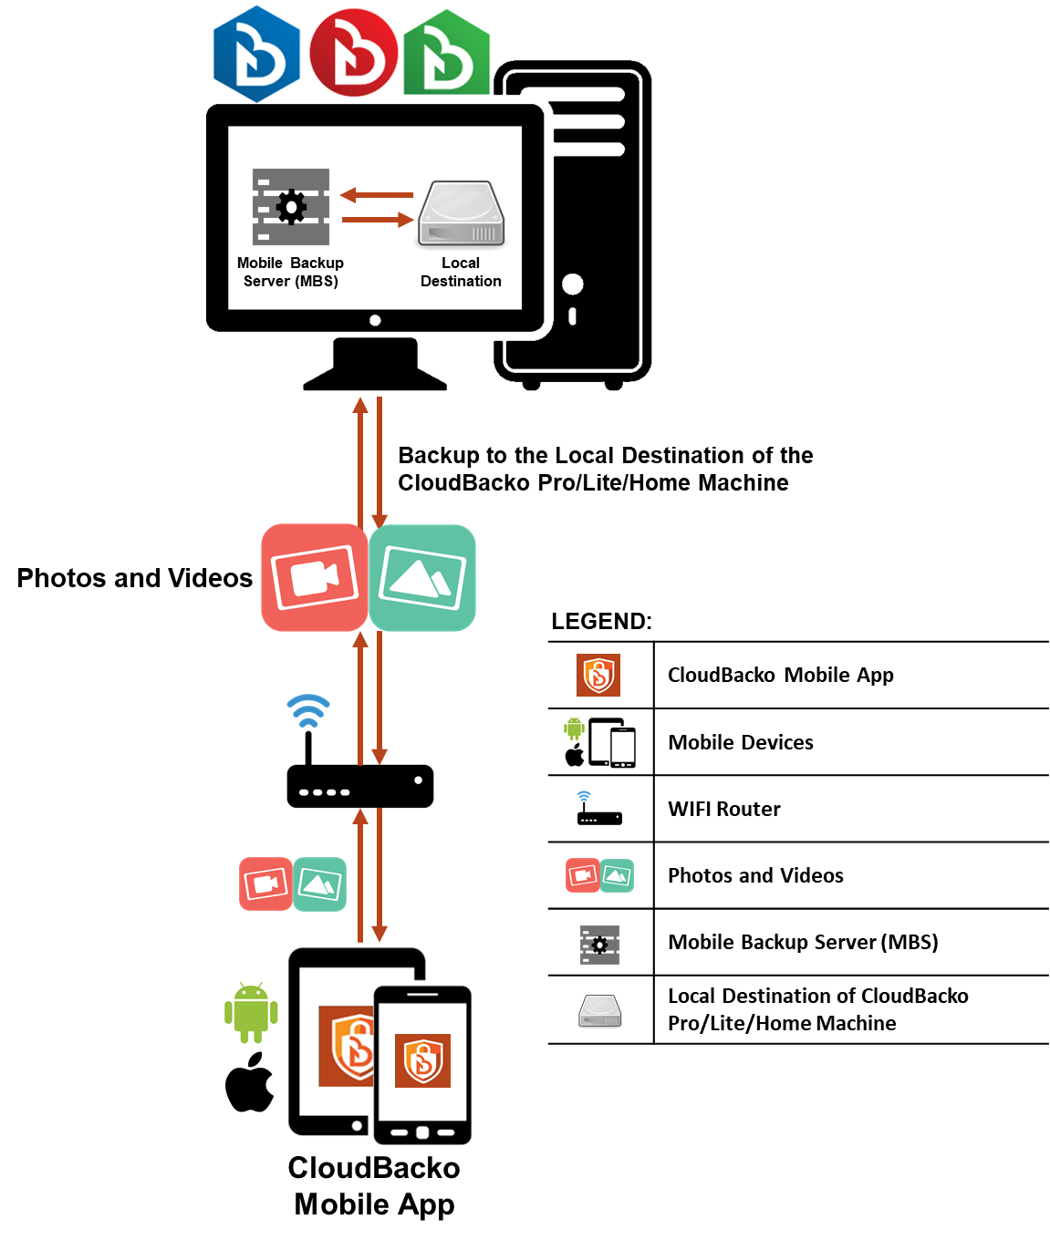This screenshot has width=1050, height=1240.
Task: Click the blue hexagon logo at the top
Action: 256,54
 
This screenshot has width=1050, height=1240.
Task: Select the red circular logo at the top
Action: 354,53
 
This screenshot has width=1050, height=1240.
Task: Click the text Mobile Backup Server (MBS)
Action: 291,272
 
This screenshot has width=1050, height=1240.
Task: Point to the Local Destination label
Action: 461,272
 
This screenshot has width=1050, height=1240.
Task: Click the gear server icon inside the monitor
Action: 291,207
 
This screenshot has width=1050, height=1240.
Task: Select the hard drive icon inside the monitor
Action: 462,214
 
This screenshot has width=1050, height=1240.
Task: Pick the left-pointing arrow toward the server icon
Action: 377,194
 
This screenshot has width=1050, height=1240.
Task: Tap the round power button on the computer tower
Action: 573,284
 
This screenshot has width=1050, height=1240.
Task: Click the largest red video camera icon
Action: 315,577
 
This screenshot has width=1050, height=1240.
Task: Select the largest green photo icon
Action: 422,578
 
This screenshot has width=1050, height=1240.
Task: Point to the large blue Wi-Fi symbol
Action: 308,711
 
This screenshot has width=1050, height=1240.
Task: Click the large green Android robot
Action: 251,1012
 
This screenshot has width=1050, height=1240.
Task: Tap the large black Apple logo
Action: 249,1082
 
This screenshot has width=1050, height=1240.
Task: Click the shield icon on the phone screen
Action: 422,1060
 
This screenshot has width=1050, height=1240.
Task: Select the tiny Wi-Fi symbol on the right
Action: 584,796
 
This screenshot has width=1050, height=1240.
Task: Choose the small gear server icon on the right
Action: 599,945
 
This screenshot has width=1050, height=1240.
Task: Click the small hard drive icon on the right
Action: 600,1011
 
